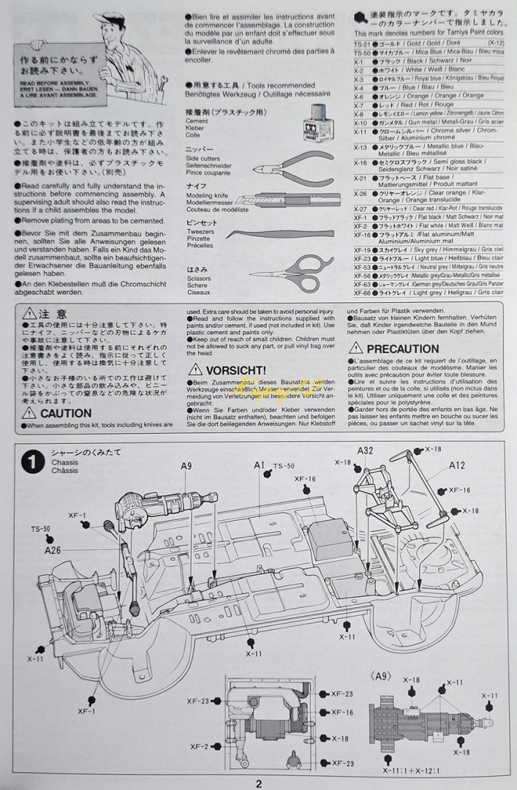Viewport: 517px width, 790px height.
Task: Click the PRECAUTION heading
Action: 402,349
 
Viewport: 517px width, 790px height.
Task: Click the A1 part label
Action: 260,464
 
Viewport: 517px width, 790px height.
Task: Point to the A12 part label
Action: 457,465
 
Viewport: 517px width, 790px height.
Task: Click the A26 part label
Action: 52,550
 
